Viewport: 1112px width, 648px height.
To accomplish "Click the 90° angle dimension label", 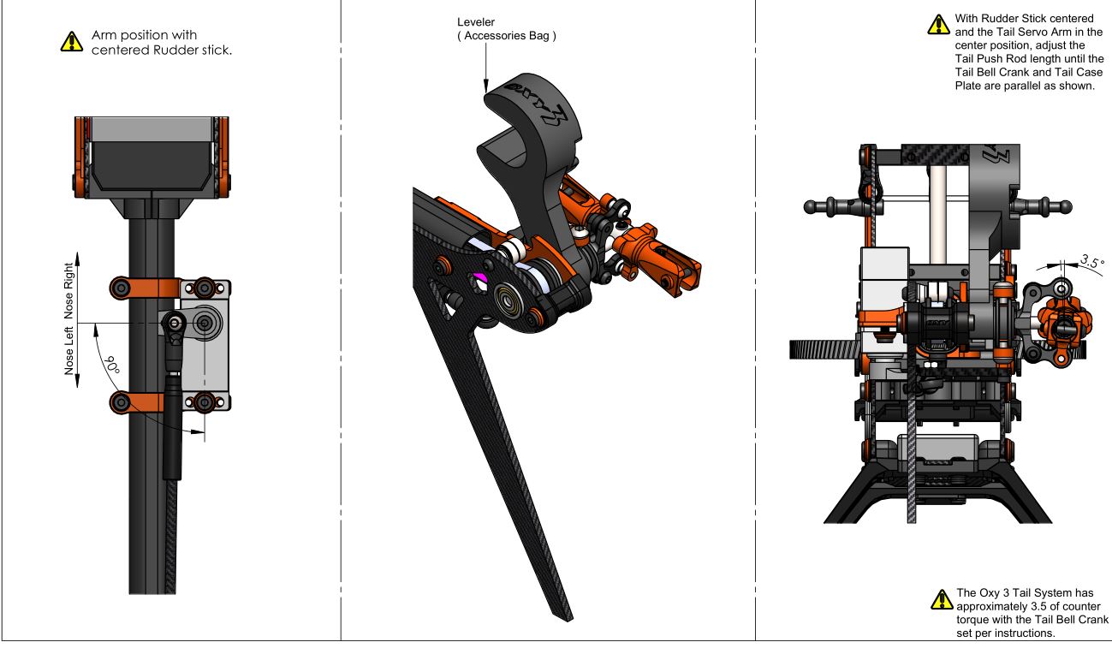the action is [x=112, y=365].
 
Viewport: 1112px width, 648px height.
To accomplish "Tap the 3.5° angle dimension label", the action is [x=1092, y=261].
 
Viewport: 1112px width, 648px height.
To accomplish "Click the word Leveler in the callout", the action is [x=476, y=22].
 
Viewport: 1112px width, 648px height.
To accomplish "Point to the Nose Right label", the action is [x=69, y=290].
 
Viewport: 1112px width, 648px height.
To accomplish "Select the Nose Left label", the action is [x=69, y=351].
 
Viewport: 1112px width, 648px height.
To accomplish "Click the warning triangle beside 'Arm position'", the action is [x=72, y=42].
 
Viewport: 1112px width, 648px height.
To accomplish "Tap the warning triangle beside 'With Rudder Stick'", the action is [x=939, y=24].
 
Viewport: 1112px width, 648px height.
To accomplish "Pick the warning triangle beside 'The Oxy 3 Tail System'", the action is [x=942, y=599].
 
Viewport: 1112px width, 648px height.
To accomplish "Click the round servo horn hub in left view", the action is [x=205, y=323].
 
